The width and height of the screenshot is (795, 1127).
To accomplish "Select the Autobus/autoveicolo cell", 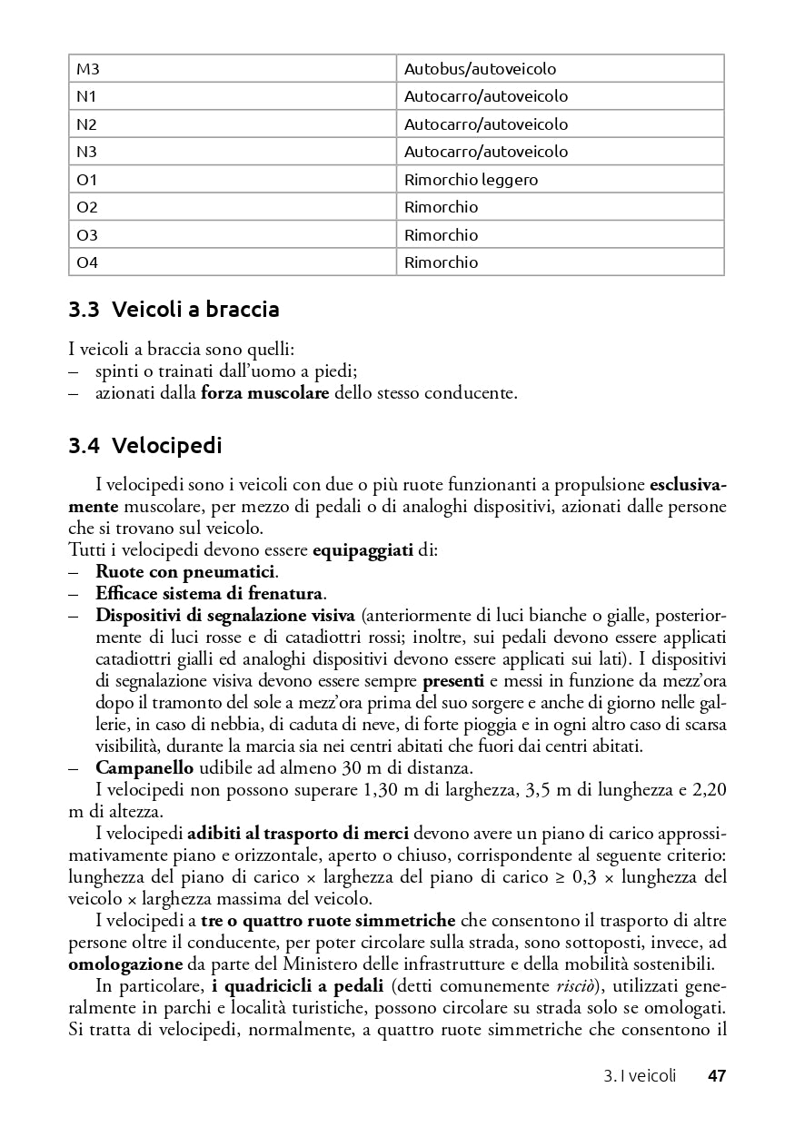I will coord(480,68).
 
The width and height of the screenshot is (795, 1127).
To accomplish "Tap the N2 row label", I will coord(87,124).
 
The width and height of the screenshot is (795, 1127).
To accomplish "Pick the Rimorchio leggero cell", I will coord(471,179).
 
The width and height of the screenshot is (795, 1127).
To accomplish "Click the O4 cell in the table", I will coord(87,262).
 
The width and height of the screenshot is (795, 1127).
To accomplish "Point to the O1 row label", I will coord(87,179).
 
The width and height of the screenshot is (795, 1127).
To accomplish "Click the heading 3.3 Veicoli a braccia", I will coord(174,310).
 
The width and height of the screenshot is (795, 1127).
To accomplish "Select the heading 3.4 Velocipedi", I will coord(145,446).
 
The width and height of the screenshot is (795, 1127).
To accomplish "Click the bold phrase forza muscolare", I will coord(264,393).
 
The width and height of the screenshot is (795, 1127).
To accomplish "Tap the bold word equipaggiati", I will coord(363,550).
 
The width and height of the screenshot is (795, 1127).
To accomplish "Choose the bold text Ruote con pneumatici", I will coord(186,571).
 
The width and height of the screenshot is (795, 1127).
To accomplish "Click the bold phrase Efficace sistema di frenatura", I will coord(210,593).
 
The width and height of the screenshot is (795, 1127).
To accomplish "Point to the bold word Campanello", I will coord(144,767).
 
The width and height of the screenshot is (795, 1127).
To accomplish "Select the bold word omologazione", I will coord(126,964).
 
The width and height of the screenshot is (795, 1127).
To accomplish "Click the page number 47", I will coord(716,1076).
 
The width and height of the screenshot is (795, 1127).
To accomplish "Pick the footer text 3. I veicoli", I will coord(640,1076).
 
